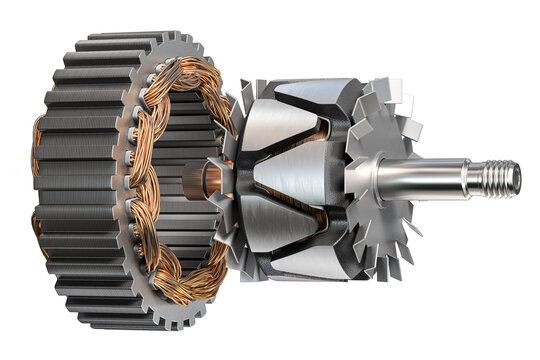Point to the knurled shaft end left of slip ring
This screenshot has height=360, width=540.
click(191, 180)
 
